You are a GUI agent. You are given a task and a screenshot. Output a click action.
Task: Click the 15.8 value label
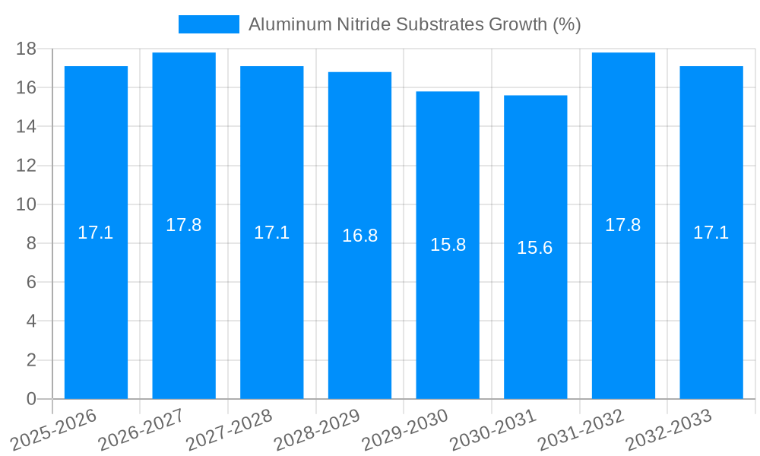448,245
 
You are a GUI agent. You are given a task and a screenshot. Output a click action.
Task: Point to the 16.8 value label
359,236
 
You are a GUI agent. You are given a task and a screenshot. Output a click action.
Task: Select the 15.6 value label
535,248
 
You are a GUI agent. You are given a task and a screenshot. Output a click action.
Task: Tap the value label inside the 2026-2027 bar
184,225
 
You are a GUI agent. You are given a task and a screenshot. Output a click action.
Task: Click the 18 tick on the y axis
27,49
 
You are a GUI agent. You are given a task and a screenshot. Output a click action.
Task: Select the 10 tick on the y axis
27,204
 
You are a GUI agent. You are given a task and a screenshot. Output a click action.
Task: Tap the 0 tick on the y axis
31,399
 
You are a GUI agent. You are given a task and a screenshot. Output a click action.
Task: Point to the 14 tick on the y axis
27,127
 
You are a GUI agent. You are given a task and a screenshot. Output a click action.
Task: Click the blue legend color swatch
208,24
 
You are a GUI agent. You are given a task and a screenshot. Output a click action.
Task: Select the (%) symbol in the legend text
567,24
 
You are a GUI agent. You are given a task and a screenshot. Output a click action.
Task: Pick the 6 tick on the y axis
31,283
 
